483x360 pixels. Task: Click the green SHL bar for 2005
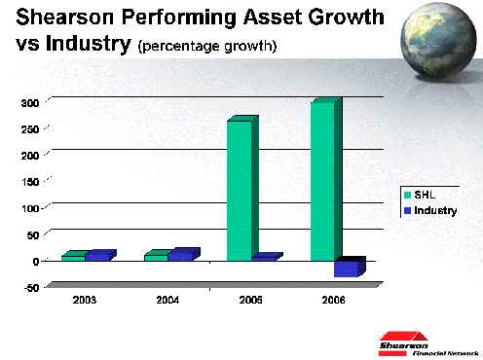point(239,190)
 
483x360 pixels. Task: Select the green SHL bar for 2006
point(323,180)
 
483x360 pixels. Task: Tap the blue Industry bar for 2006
point(346,269)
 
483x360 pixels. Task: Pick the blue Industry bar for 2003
point(97,257)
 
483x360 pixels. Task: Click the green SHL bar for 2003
point(73,258)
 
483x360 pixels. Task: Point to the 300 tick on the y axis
point(29,102)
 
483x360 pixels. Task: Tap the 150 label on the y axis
point(29,181)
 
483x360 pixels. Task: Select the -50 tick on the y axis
point(29,287)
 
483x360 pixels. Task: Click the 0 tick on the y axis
point(35,261)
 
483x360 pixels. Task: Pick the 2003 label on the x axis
point(85,300)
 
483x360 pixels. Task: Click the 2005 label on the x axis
point(250,300)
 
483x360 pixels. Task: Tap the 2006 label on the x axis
point(333,300)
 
